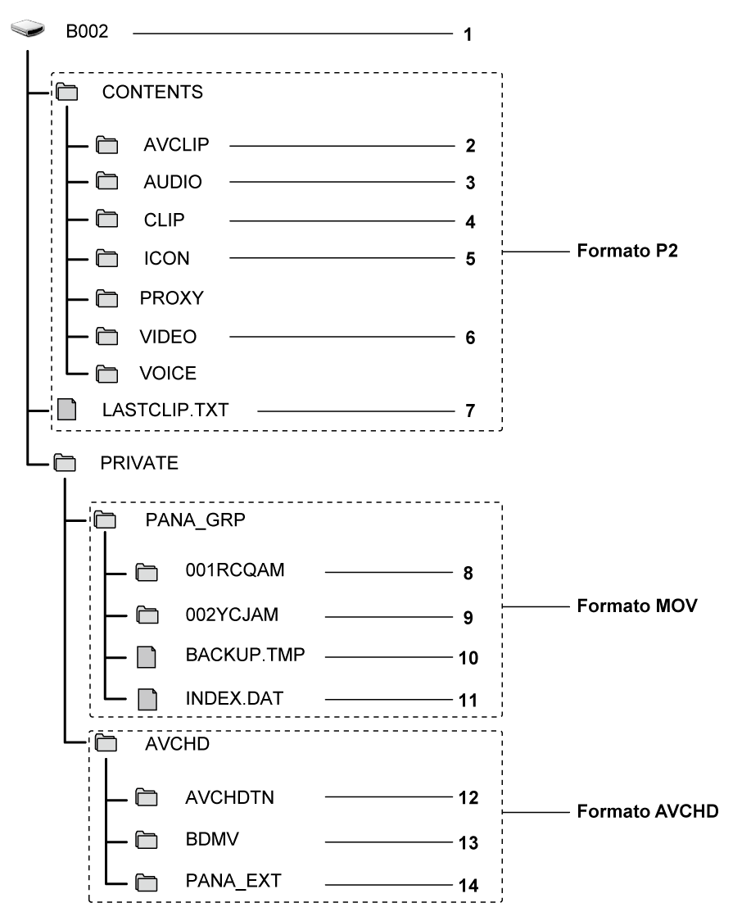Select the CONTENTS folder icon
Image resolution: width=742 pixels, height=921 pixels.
pyautogui.click(x=66, y=93)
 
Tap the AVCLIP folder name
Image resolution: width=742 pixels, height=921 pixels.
pyautogui.click(x=176, y=145)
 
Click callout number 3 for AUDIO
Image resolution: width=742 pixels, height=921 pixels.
pyautogui.click(x=470, y=183)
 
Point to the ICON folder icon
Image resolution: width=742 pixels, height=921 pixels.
pyautogui.click(x=106, y=260)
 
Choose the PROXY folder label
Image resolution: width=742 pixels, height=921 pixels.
pyautogui.click(x=171, y=298)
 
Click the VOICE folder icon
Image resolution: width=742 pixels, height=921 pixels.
pyautogui.click(x=106, y=374)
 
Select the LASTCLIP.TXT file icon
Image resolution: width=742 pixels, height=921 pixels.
pyautogui.click(x=66, y=410)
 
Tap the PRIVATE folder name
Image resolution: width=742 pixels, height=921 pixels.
pyautogui.click(x=138, y=463)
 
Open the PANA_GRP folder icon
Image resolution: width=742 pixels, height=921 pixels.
pyautogui.click(x=106, y=519)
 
